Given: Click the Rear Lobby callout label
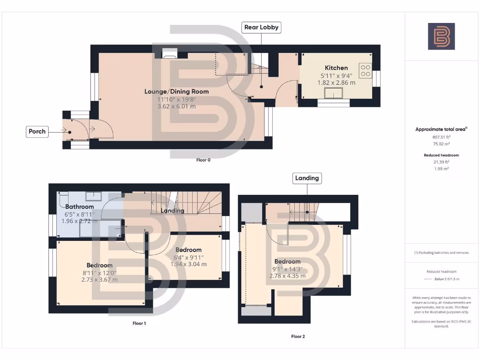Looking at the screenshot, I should pos(262,27).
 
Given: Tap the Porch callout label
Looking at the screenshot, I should pos(37,131).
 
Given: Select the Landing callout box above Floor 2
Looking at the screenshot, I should pos(307,178).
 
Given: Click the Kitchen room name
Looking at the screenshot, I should pos(337,68).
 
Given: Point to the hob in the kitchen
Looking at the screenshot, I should pos(365,70).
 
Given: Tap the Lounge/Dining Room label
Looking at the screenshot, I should pos(176,91).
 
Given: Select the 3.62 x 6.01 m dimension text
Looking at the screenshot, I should pos(176,106).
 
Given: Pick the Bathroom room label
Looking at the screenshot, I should pos(79,207).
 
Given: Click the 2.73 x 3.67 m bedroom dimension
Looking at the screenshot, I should pos(99,280).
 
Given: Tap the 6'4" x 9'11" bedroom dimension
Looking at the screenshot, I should pos(188,257).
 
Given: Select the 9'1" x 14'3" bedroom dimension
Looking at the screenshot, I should pos(287,269).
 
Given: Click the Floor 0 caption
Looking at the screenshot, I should pos(203,160).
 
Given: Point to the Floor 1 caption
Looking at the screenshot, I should pos(139,323).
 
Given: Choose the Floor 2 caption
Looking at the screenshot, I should pos(298,336).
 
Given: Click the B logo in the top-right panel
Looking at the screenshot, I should pos(441,36).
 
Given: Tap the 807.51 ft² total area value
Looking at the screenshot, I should pos(441,137).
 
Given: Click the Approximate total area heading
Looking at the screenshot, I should pos(441,129).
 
